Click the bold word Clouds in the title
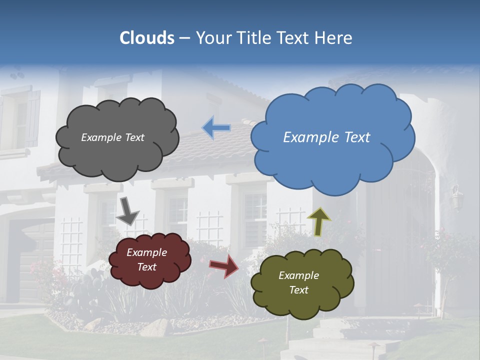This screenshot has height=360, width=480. point(147,38)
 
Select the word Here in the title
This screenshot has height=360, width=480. point(335,38)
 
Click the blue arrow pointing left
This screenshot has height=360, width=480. point(216,128)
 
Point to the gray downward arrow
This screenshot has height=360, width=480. point(127,211)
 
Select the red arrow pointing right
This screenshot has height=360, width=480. point(224,265)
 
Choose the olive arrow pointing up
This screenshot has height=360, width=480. point(319,221)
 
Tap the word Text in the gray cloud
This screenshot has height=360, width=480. point(133,137)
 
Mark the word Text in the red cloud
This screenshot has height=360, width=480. point(147,267)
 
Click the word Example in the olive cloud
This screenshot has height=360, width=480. point(298,275)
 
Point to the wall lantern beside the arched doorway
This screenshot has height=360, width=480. point(457,198)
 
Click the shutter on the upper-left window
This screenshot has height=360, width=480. point(33,118)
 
